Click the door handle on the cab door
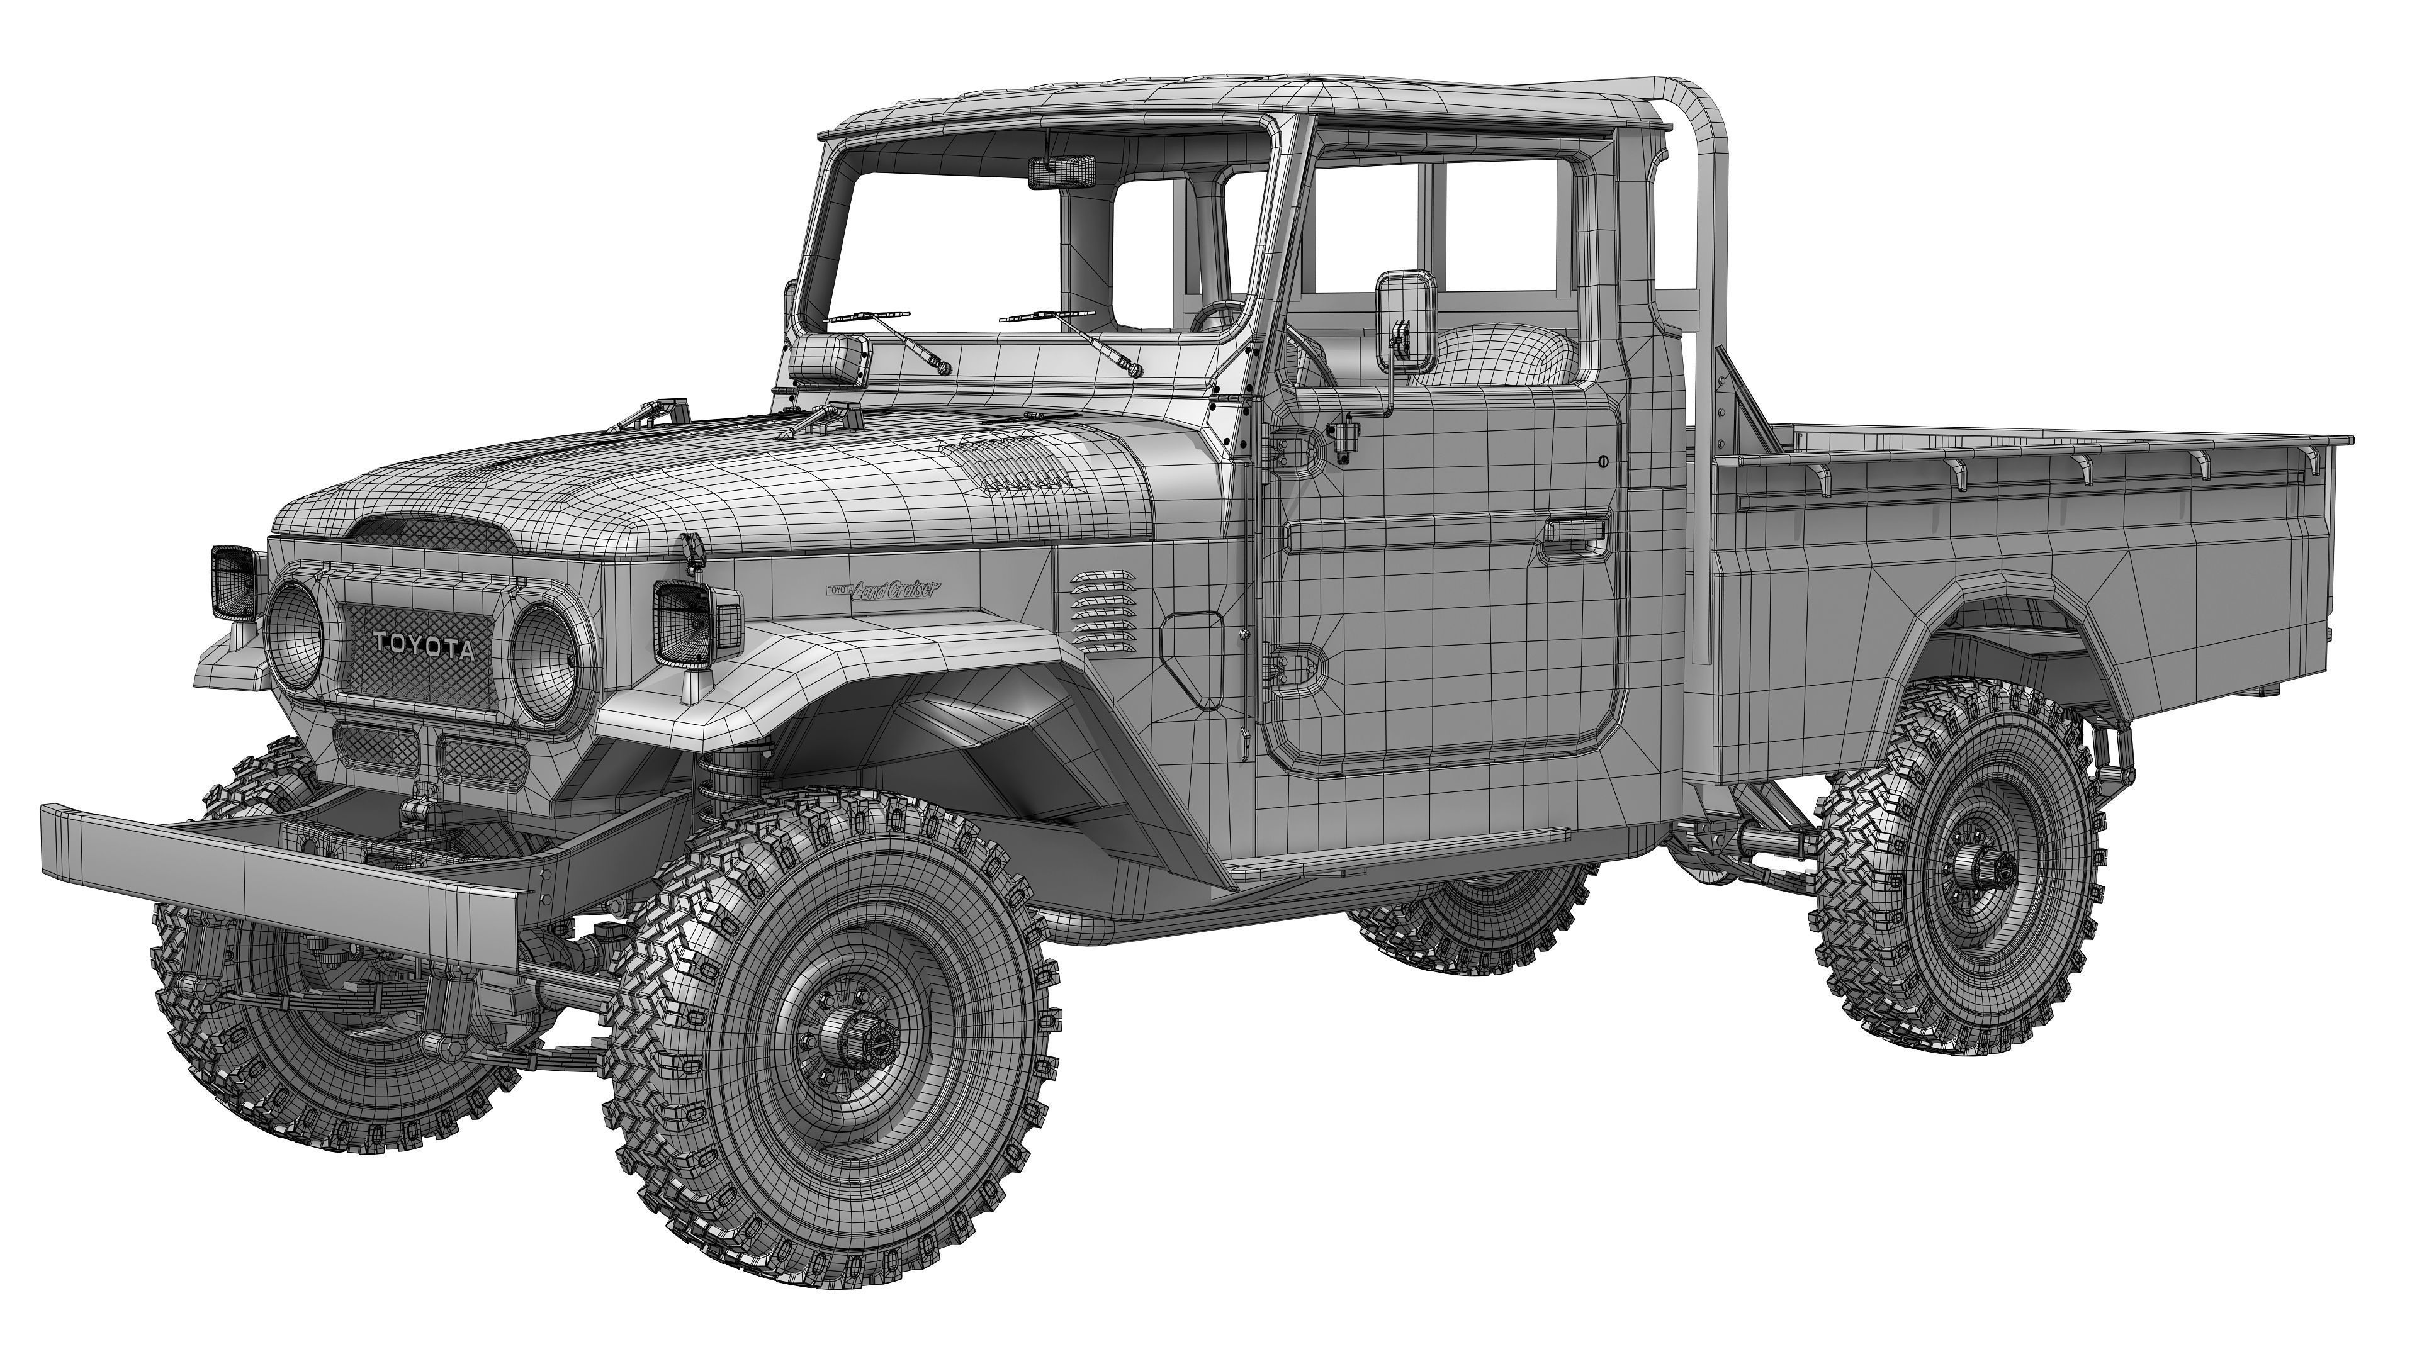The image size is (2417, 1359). click(1574, 533)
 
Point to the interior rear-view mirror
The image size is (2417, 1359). click(1061, 172)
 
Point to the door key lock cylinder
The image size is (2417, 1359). click(1604, 461)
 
